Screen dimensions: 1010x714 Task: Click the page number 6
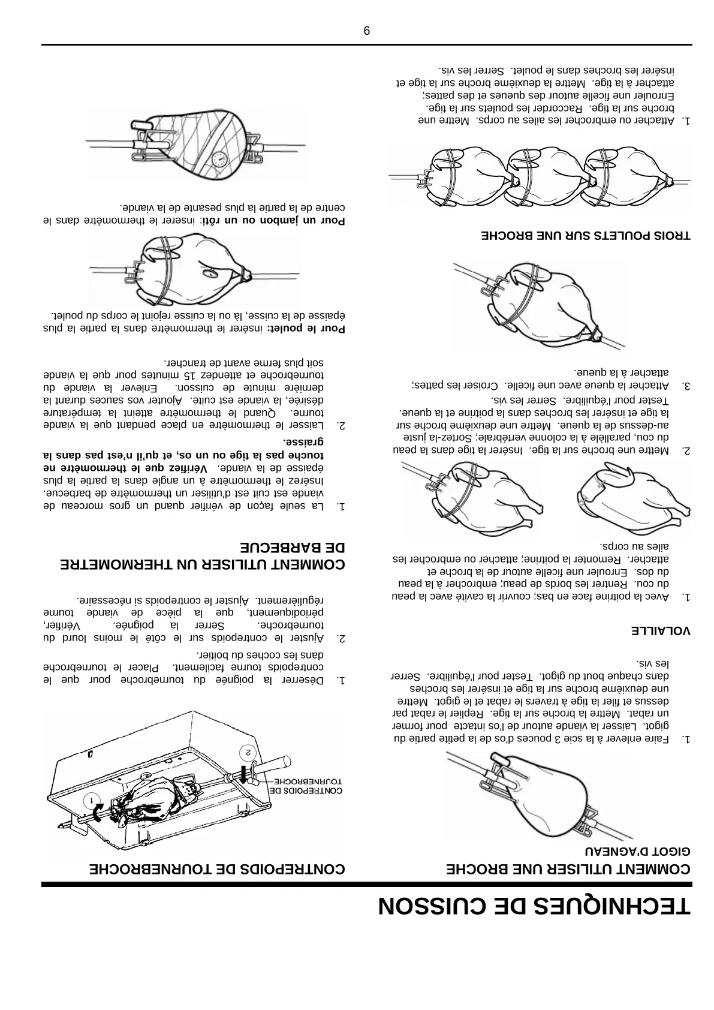[367, 31]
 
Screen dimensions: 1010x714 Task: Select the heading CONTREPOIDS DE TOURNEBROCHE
[217, 868]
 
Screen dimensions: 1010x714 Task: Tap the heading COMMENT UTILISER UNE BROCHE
[569, 868]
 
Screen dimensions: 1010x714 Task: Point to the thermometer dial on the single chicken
[210, 273]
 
